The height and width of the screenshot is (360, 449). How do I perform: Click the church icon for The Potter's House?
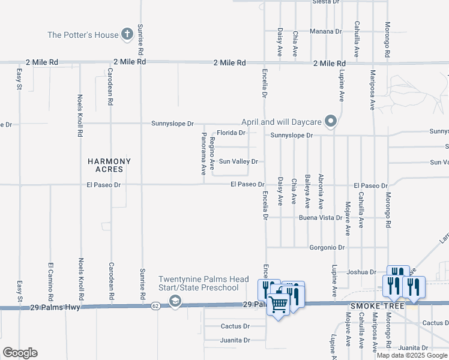[x=127, y=35]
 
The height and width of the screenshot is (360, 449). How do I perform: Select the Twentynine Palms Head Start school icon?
[x=175, y=301]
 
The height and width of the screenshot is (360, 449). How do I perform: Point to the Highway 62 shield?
[x=155, y=306]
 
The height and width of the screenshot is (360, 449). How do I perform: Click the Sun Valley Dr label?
[x=238, y=161]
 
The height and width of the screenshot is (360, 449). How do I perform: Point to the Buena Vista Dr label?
[x=321, y=218]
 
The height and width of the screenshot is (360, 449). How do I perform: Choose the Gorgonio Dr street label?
[x=327, y=247]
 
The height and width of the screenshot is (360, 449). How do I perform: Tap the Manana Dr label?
[x=325, y=31]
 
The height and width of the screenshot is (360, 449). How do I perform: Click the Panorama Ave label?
[x=204, y=154]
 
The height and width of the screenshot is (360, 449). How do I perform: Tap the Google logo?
[x=20, y=353]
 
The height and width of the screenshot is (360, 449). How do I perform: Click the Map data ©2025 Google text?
[x=412, y=355]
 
